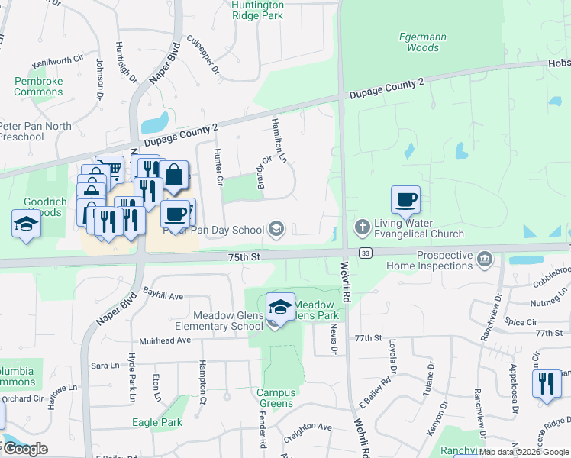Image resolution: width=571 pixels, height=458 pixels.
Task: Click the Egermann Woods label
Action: (x=423, y=42)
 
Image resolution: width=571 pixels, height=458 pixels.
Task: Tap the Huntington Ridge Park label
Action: (x=247, y=10)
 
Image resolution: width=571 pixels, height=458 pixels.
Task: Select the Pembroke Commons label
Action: (x=38, y=86)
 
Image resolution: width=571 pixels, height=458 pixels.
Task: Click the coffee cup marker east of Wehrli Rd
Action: (x=405, y=200)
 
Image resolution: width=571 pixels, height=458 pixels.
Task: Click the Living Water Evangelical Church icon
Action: (x=362, y=227)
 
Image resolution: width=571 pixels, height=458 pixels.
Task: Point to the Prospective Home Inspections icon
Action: (x=483, y=260)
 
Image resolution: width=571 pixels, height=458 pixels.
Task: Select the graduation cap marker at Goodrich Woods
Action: (x=26, y=224)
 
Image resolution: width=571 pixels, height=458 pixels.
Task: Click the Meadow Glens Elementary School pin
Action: (x=280, y=308)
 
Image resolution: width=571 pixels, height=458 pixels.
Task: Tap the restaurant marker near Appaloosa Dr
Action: (x=546, y=383)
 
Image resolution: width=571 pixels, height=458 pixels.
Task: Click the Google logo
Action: (x=25, y=448)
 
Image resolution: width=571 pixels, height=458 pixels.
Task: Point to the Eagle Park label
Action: (x=156, y=422)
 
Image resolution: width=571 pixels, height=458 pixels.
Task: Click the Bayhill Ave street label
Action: (x=163, y=295)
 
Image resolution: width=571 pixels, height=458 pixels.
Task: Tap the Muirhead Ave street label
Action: (x=164, y=340)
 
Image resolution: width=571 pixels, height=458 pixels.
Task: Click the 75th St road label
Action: (x=244, y=258)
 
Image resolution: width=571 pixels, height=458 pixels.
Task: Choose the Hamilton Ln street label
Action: (x=279, y=140)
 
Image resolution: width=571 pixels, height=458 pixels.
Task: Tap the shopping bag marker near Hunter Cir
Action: (x=175, y=175)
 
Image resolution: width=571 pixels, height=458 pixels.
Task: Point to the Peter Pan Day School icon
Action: (x=276, y=229)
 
